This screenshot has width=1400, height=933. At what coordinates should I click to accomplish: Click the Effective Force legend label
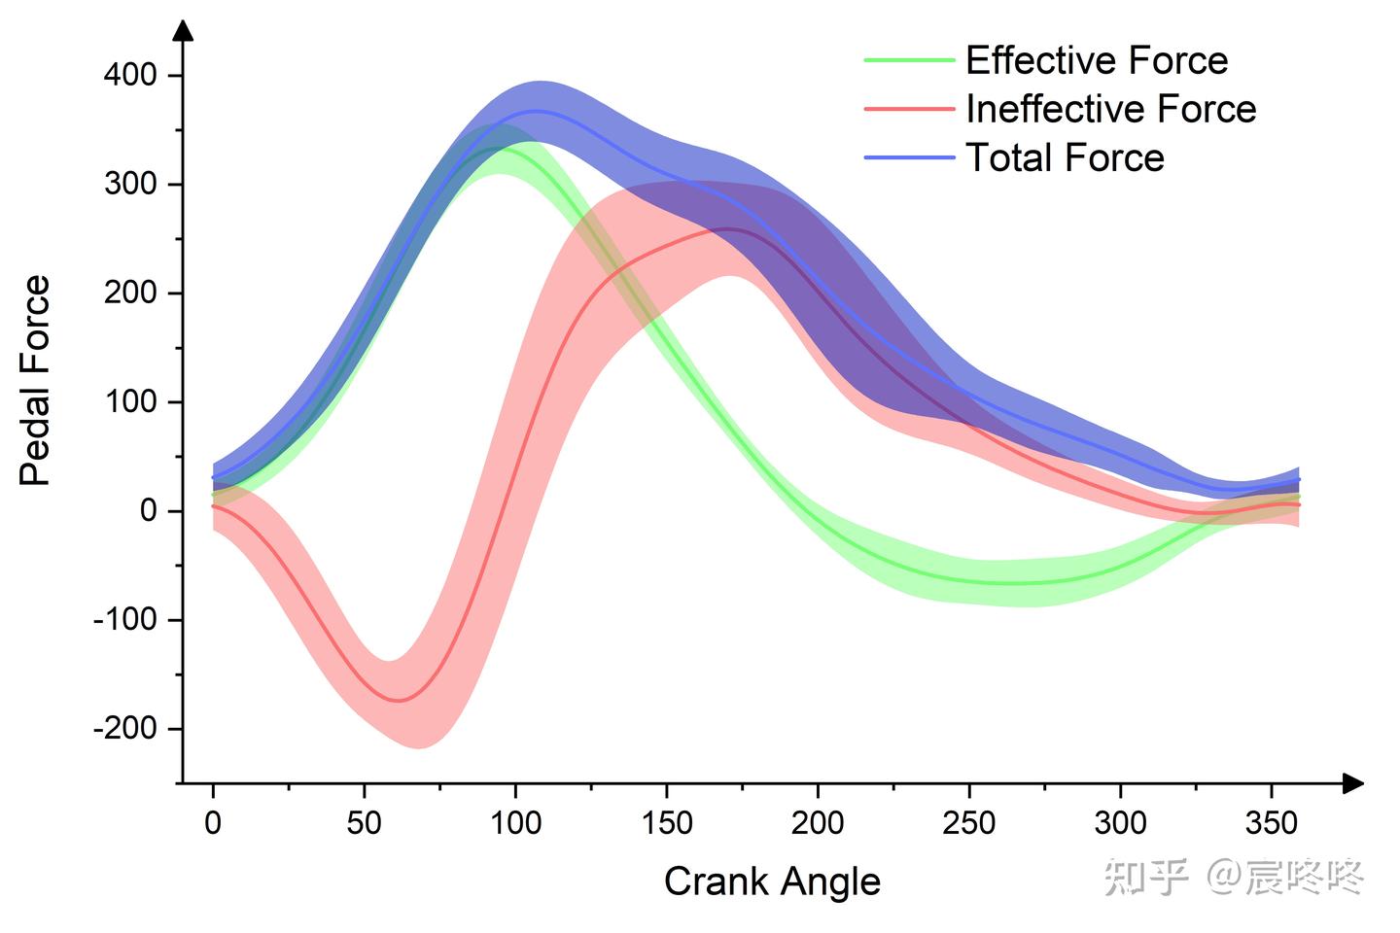(x=1097, y=60)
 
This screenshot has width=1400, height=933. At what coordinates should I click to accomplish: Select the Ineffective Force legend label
(x=1111, y=109)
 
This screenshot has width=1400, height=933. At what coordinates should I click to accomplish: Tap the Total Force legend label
(x=1065, y=156)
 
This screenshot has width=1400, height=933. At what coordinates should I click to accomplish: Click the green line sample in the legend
(x=909, y=60)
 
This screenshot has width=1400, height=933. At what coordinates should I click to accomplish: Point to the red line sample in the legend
(x=909, y=109)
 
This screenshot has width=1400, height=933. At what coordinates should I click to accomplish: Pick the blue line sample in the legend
(x=909, y=157)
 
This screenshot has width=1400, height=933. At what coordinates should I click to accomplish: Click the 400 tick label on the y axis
(x=130, y=75)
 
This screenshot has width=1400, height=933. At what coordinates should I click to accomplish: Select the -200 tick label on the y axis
(x=125, y=729)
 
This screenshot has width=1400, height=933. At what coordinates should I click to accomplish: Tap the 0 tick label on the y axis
(x=149, y=511)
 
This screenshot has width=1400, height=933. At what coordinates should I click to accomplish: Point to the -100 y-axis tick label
(x=125, y=620)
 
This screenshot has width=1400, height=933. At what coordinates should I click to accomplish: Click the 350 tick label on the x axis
(x=1272, y=822)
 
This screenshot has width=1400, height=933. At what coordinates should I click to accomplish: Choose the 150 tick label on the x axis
(x=667, y=822)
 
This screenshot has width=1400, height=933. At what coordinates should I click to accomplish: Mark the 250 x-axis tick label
(x=968, y=822)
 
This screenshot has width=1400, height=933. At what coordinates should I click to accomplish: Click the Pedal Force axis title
(x=34, y=380)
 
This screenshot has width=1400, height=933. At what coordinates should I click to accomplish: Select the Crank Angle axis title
(x=772, y=882)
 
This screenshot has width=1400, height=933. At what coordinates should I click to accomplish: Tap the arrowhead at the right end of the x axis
(x=1353, y=783)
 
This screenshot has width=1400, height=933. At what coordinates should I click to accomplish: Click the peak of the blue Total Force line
(x=537, y=111)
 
